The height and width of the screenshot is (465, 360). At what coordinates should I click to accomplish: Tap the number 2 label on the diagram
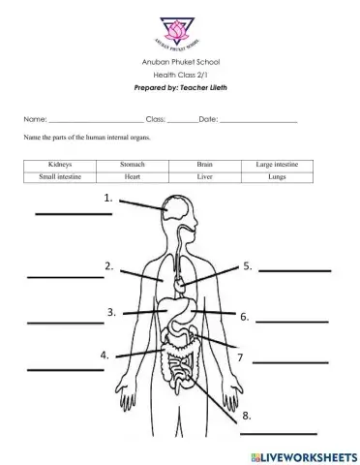(110, 265)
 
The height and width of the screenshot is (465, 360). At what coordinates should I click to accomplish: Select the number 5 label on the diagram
(248, 265)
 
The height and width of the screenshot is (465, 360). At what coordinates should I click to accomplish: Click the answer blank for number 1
(46, 212)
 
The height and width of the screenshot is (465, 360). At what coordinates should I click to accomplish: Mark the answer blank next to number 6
(292, 321)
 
